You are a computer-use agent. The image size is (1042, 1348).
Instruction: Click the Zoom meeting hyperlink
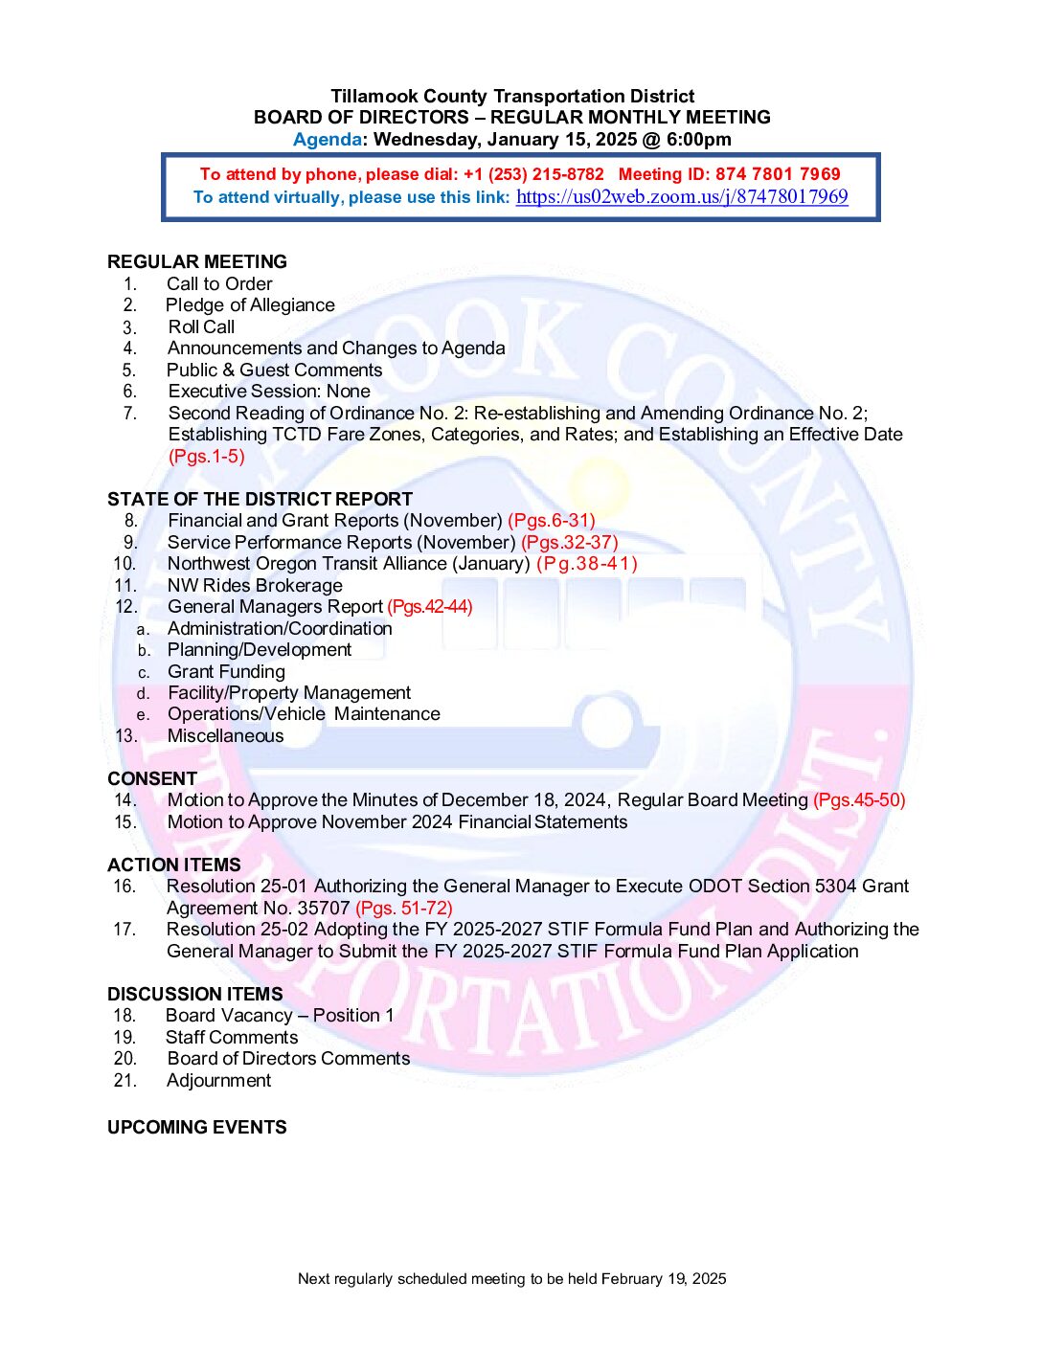(x=681, y=196)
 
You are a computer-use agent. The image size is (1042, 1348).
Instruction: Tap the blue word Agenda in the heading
(x=327, y=140)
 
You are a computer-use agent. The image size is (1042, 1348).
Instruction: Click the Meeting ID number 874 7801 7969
(x=778, y=174)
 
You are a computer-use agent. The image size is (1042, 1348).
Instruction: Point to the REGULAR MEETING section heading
(x=197, y=261)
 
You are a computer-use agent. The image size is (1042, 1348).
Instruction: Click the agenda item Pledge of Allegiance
(x=250, y=305)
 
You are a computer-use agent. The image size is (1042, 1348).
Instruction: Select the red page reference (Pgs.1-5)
(x=207, y=457)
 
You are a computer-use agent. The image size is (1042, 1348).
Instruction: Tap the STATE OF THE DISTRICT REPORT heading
(x=260, y=499)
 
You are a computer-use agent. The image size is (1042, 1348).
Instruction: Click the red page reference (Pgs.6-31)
(x=551, y=521)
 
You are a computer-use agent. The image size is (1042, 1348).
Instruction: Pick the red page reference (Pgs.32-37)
(x=570, y=542)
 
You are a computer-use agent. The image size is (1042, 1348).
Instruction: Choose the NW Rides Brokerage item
(x=255, y=585)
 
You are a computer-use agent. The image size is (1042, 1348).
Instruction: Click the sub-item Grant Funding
(x=226, y=671)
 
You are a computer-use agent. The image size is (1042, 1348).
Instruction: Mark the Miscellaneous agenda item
(x=225, y=736)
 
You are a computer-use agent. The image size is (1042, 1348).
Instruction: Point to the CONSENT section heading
(x=152, y=778)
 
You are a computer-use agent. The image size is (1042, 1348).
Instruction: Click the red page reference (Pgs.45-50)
(x=859, y=800)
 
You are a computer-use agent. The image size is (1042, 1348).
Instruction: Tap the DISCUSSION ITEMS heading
(x=195, y=994)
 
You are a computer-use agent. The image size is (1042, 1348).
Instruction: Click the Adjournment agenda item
(x=218, y=1081)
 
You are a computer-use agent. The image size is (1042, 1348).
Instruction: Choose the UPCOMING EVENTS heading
(x=197, y=1127)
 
